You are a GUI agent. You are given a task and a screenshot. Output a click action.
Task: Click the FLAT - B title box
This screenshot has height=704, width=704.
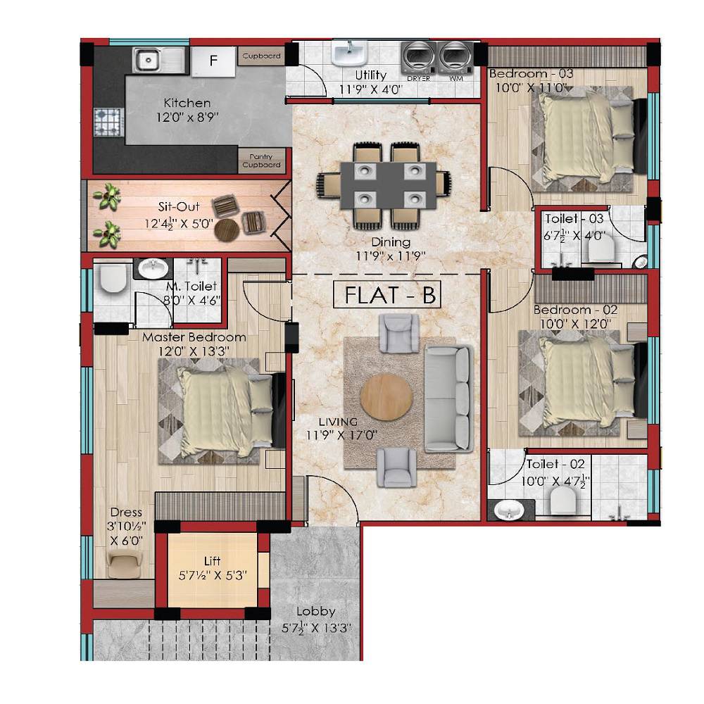click(x=388, y=296)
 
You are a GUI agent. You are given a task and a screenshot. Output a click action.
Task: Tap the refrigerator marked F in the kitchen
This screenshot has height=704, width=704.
click(x=213, y=61)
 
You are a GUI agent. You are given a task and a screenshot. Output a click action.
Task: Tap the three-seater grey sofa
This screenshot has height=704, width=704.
click(x=448, y=398)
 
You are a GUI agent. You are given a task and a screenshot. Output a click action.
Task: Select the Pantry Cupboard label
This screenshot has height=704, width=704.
click(x=260, y=161)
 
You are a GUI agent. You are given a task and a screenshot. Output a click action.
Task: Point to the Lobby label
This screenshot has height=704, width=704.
click(x=315, y=611)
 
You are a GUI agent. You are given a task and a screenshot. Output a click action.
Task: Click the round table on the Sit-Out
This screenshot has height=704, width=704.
click(x=227, y=230)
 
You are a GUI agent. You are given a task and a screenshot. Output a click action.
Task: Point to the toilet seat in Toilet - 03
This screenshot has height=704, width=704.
click(x=601, y=249)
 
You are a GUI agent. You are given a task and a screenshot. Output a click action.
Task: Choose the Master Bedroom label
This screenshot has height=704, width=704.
click(x=194, y=337)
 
